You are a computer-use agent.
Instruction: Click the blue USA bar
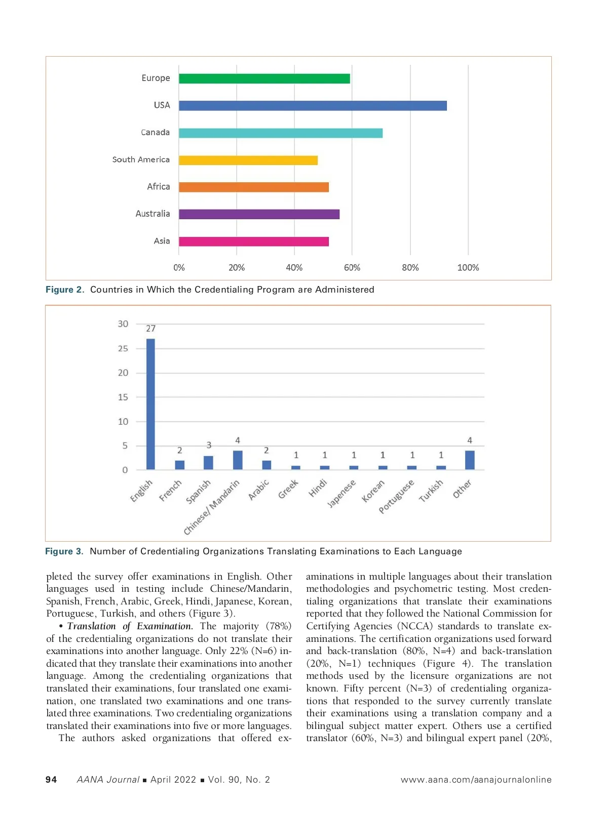(x=313, y=106)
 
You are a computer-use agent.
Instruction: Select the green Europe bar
(x=264, y=78)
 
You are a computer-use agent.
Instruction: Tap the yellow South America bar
(x=248, y=160)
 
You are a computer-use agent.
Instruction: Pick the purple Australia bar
(x=259, y=214)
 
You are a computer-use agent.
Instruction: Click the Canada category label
(x=155, y=133)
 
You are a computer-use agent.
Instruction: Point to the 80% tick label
(x=410, y=268)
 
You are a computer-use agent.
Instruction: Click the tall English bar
(x=150, y=404)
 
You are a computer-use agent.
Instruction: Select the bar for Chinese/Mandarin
(x=238, y=460)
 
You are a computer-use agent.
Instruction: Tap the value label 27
(x=150, y=329)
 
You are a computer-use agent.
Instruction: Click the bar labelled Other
(x=470, y=460)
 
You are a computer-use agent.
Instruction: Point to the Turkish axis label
(x=431, y=491)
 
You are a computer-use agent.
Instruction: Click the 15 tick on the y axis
(x=123, y=397)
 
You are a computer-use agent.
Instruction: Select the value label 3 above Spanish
(x=209, y=445)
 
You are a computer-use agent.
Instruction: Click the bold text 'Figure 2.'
(x=65, y=290)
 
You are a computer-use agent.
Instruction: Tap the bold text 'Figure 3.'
(x=64, y=551)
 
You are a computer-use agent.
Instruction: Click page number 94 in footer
(x=51, y=780)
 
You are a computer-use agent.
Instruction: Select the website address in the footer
(x=476, y=780)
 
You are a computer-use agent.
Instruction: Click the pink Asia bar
(x=253, y=241)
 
